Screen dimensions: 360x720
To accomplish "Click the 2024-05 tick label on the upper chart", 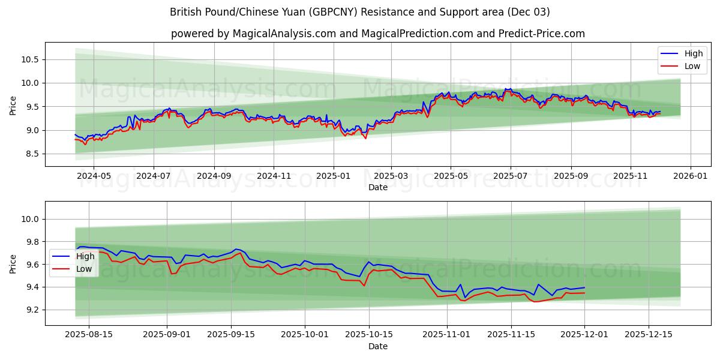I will pyautogui.click(x=94, y=176).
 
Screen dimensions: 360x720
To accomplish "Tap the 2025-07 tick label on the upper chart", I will pyautogui.click(x=511, y=176).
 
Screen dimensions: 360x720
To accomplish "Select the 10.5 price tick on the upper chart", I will pyautogui.click(x=30, y=59).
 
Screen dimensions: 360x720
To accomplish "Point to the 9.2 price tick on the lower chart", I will pyautogui.click(x=32, y=310).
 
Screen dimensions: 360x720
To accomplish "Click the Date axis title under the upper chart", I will pyautogui.click(x=378, y=187).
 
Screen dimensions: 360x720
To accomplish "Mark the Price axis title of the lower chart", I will pyautogui.click(x=13, y=264).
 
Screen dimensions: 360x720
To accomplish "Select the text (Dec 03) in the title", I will pyautogui.click(x=527, y=12).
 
